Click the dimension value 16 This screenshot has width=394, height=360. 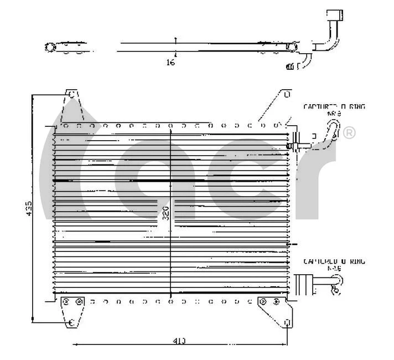170,63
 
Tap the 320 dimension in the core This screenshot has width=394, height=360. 165,213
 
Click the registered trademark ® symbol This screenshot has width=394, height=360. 349,133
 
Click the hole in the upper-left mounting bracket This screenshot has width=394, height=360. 71,95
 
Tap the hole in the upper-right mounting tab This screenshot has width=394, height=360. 287,95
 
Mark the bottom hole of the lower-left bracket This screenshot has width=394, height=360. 71,323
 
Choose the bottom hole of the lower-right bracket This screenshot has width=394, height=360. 287,323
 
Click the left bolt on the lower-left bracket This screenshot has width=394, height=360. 67,302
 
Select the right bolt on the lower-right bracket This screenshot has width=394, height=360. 276,302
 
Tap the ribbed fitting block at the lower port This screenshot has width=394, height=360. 304,284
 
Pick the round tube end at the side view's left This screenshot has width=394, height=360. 50,47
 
